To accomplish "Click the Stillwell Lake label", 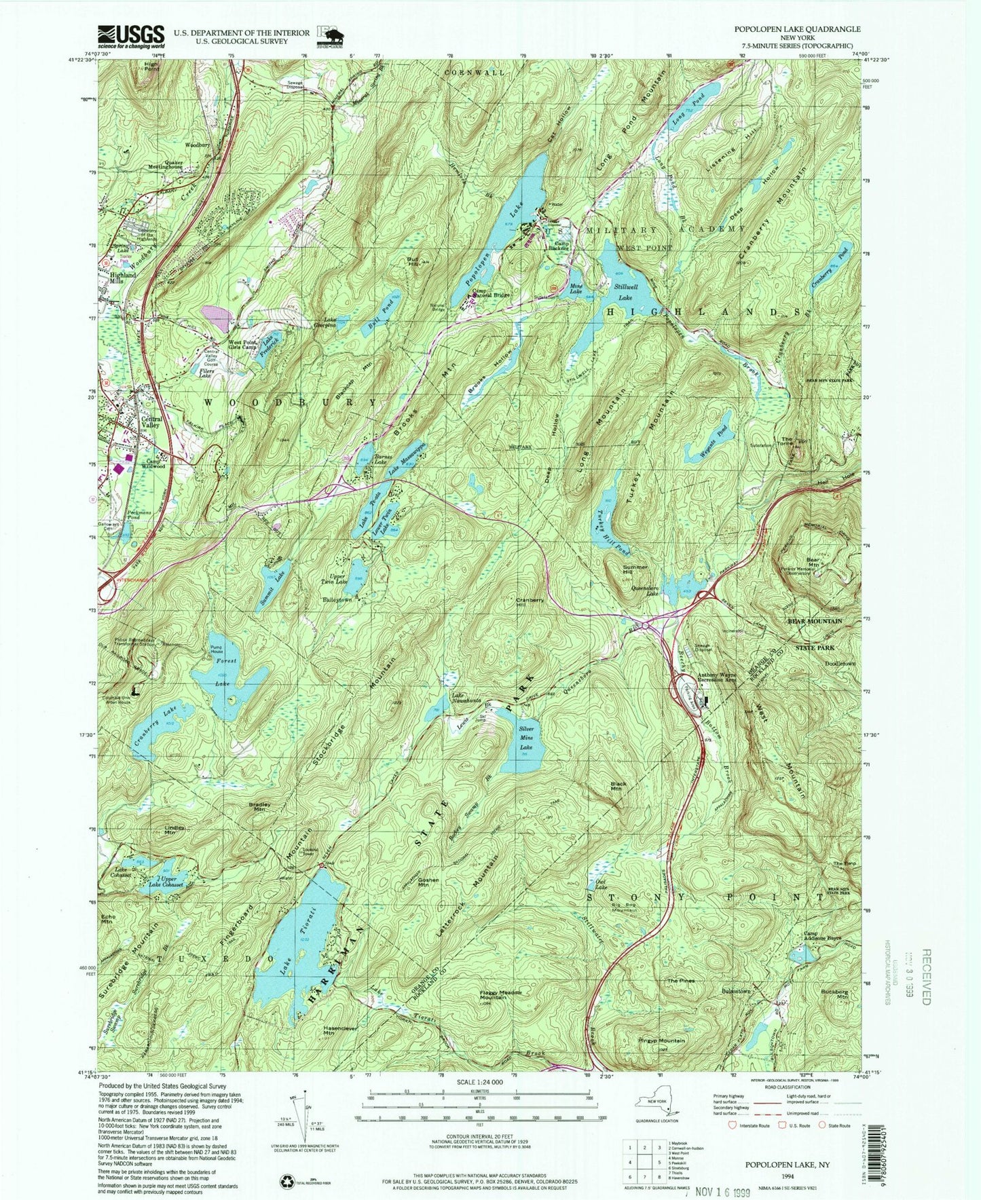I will pyautogui.click(x=623, y=293).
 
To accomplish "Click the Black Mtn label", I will pyautogui.click(x=618, y=787).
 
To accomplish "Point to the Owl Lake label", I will pyautogui.click(x=599, y=884).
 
